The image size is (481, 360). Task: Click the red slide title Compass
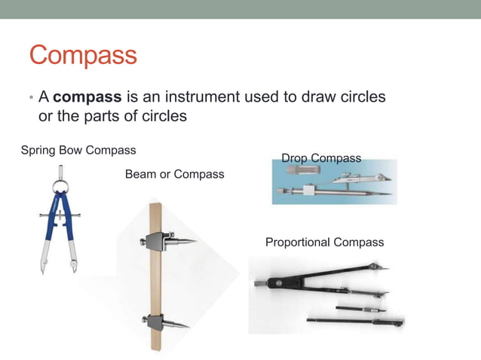coord(83,56)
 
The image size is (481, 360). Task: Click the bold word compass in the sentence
coord(87,98)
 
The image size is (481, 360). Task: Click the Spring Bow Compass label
coord(78,150)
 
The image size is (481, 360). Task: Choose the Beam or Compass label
coord(174,174)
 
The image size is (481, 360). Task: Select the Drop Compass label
coord(321,158)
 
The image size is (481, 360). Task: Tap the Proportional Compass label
coord(324,242)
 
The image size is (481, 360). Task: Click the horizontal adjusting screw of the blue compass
coord(58,216)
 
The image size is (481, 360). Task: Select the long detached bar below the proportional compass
coord(354,322)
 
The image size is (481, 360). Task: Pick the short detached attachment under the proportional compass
coord(360,307)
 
